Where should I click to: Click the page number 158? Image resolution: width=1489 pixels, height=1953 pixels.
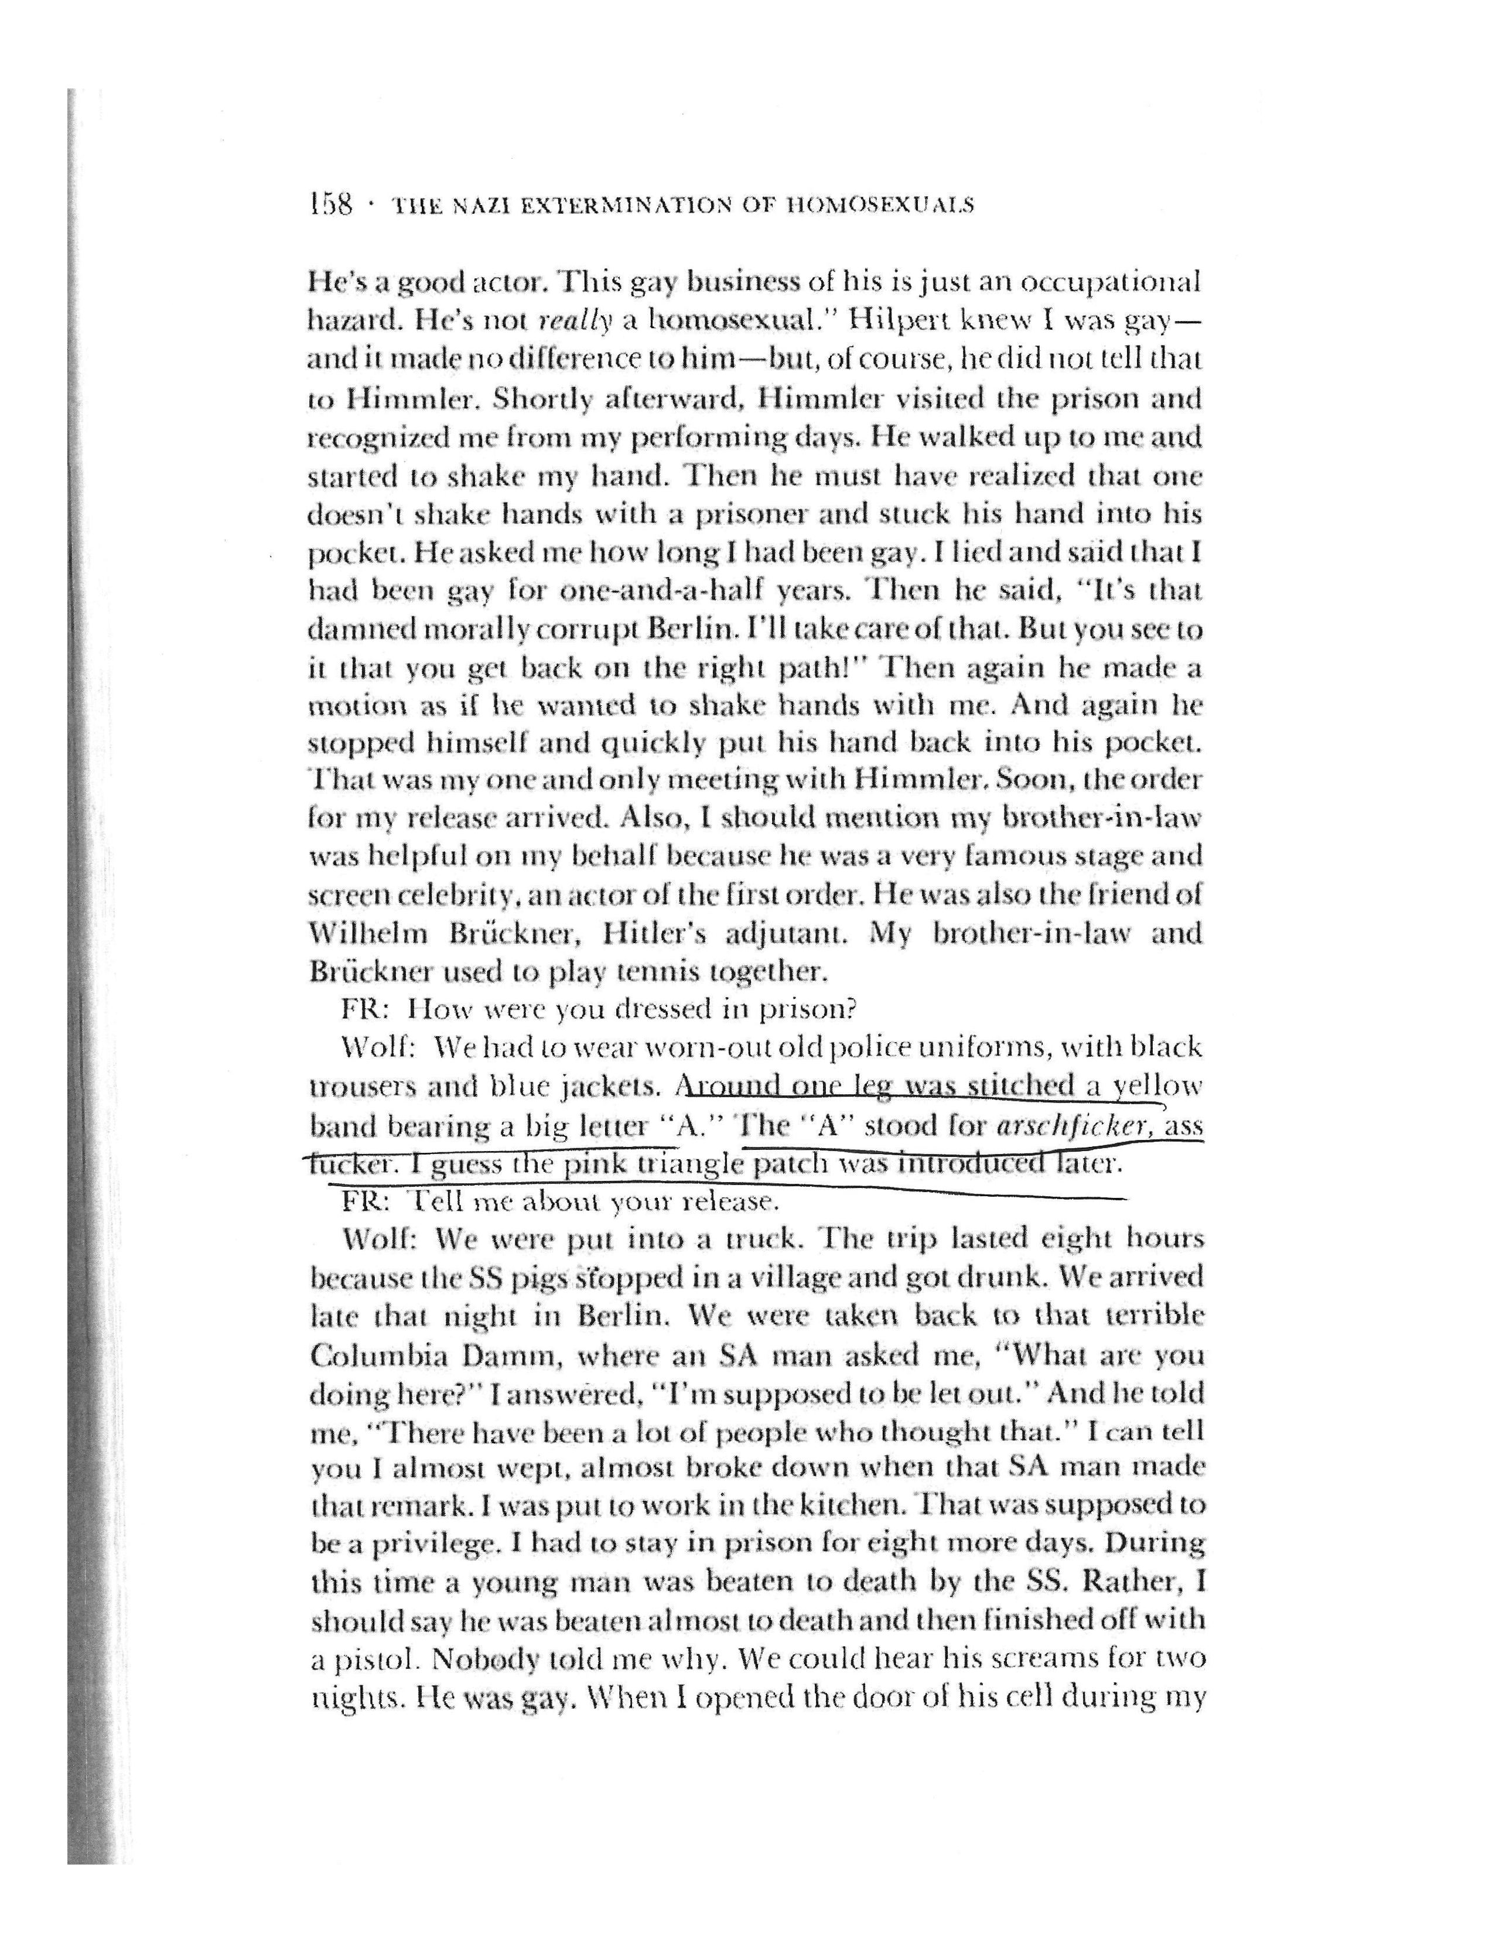pyautogui.click(x=330, y=206)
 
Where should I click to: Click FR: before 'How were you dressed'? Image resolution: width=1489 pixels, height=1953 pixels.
pyautogui.click(x=361, y=1009)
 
